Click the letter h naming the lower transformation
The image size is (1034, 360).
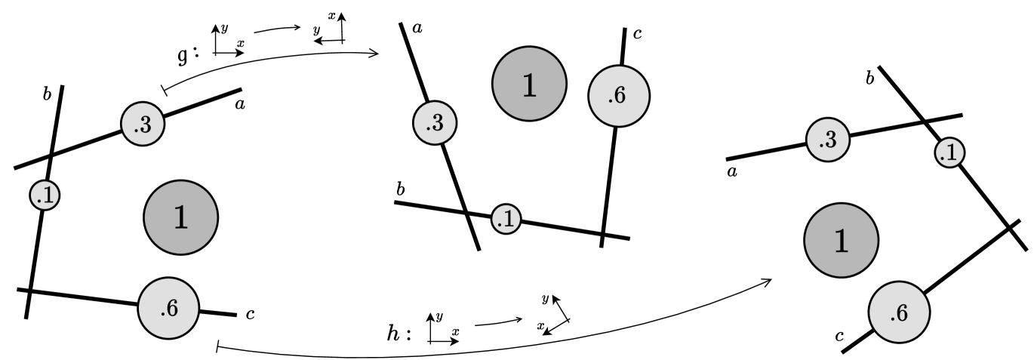point(393,333)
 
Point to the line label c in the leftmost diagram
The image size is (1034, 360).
point(251,314)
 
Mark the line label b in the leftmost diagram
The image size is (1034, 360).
point(47,94)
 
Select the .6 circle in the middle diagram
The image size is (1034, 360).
point(619,96)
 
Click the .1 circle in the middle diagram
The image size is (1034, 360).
point(506,219)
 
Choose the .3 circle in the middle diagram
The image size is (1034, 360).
point(434,123)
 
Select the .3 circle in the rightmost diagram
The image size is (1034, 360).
point(828,139)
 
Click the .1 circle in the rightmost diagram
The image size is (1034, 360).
point(949,154)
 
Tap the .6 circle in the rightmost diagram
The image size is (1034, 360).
point(899,312)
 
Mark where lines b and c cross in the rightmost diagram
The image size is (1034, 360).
point(1010,226)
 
